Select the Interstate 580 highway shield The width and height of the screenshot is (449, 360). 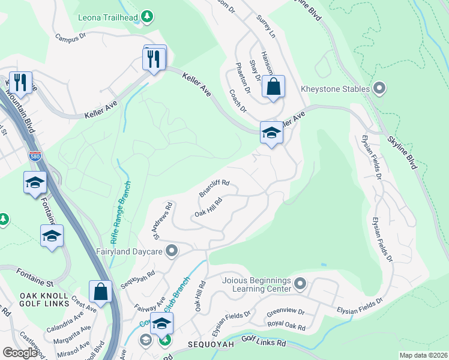point(35,157)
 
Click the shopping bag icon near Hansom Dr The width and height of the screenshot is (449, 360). point(273,86)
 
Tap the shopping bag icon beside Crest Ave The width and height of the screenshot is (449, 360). point(101,292)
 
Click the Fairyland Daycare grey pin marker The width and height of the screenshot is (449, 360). point(172,250)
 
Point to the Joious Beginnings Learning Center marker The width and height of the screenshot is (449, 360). point(301,282)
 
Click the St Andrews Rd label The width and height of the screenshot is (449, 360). point(163,220)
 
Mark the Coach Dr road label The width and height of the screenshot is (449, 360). point(238,101)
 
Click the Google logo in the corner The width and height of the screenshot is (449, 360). point(20,352)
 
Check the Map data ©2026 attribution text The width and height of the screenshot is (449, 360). point(423,355)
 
